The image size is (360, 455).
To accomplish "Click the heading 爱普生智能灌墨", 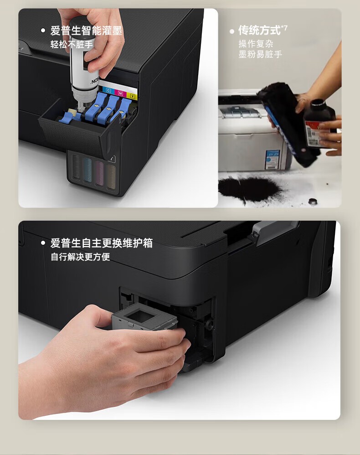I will pos(86,31).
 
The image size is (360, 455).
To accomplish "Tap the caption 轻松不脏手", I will pos(72,45).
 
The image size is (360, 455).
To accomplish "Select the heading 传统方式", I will pos(259,31).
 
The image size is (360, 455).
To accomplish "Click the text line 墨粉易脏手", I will pos(260,55).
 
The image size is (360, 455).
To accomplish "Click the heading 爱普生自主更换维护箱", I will pos(101,243).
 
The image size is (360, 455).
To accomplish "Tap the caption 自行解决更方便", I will pos(80,257).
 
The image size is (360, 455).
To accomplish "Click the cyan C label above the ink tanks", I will pos(108,90).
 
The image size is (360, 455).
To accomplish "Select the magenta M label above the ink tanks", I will pos(120,93).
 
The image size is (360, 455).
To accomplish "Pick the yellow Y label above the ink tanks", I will pos(132,96).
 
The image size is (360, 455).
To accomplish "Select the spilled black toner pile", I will pos(248,187).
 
